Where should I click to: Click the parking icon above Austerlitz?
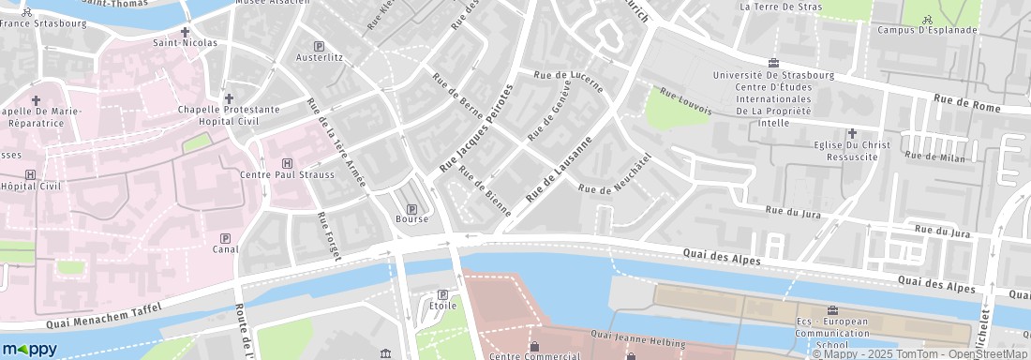319,46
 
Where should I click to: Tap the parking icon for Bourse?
411,208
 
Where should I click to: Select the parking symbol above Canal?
224,238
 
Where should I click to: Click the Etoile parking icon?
442,295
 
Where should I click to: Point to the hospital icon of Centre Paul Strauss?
287,163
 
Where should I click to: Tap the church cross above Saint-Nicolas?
185,32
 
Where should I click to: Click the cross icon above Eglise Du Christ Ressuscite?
851,134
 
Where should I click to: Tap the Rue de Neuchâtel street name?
615,174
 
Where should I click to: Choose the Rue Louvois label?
686,101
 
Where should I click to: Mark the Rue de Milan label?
934,157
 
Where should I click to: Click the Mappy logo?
29,349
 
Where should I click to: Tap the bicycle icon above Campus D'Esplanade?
927,19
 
